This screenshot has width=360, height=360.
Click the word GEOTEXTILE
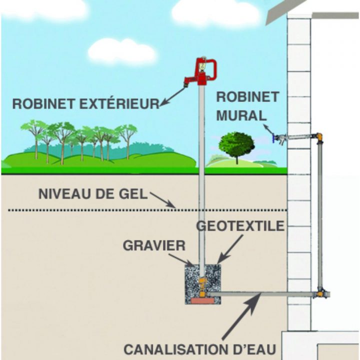239,226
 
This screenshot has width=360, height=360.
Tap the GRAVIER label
154,246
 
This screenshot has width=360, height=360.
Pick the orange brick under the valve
202,300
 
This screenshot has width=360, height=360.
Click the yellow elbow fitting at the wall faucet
319,136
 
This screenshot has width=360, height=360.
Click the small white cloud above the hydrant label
122,50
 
